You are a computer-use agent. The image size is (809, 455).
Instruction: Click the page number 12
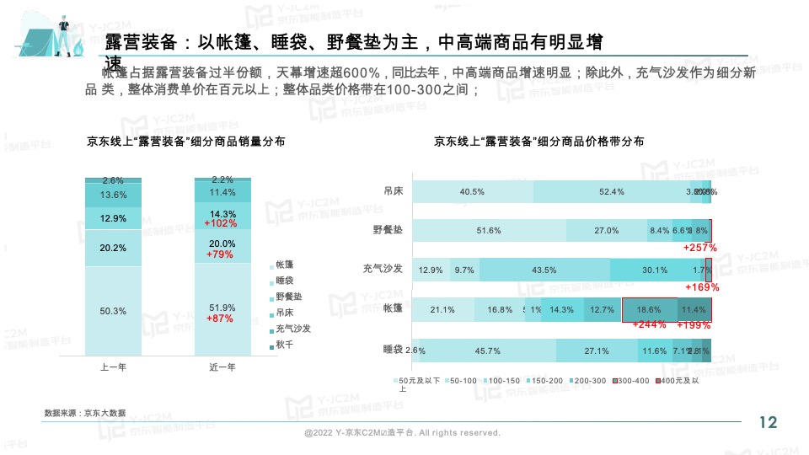(x=768, y=422)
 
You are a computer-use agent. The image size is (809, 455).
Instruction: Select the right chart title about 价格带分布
(x=538, y=142)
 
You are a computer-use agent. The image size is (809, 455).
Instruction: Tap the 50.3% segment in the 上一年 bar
(x=113, y=311)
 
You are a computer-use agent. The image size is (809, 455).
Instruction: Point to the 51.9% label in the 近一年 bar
(x=222, y=308)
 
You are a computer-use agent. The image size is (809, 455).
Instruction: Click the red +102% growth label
(x=222, y=224)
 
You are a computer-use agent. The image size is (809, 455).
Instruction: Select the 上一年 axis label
(x=113, y=367)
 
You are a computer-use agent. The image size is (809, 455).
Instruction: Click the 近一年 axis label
(x=222, y=367)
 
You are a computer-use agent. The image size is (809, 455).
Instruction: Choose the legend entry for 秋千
(x=283, y=345)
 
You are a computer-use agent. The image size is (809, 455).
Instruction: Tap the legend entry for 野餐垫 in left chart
(x=287, y=297)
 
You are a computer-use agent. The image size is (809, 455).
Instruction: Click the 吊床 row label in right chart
(x=393, y=191)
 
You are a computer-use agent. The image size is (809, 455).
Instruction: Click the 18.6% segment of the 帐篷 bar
(x=649, y=310)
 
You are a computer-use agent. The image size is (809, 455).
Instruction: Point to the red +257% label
(x=699, y=248)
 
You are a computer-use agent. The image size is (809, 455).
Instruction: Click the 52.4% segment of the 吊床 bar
(x=611, y=192)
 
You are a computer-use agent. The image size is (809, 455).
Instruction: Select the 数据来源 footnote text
(x=85, y=413)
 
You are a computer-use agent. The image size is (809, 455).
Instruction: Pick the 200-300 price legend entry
(x=590, y=382)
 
